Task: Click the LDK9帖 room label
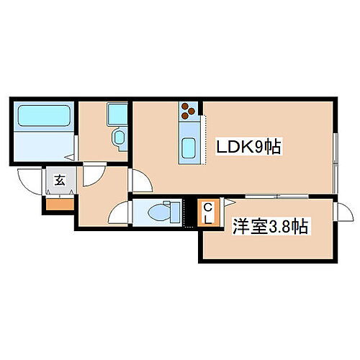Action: pos(248,148)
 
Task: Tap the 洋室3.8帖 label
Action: pos(270,227)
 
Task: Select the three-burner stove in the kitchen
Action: pos(189,109)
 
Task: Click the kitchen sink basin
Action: pos(189,148)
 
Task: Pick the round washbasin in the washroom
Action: pos(119,137)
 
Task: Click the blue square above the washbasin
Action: pos(117,113)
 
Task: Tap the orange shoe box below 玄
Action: pos(60,204)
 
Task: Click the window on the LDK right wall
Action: pos(336,155)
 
